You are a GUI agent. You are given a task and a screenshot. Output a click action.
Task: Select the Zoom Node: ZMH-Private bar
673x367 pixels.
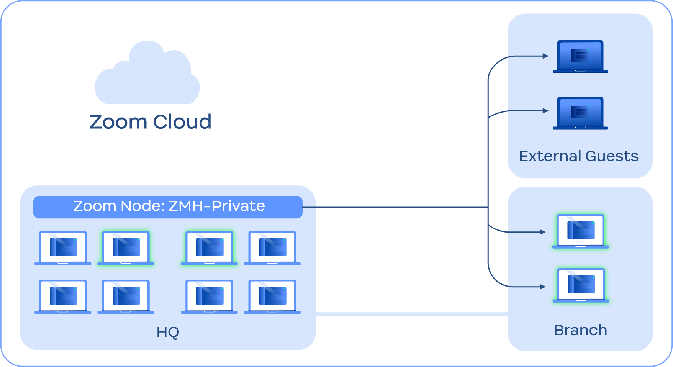[x=168, y=207]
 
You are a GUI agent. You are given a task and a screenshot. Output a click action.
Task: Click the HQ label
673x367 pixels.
[x=168, y=332]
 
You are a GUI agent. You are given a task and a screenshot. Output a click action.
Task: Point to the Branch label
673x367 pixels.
[x=580, y=330]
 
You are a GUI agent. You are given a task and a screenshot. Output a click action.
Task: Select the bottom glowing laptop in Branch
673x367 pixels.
[x=581, y=285]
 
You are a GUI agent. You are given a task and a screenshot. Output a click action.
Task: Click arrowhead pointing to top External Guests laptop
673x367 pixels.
[x=546, y=56]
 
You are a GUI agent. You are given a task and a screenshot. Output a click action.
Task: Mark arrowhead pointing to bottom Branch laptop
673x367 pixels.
[x=543, y=287]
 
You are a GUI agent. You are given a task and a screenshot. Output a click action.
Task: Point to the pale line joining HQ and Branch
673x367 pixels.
[x=412, y=314]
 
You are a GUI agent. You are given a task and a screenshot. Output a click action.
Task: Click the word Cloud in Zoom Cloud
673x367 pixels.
[x=182, y=122]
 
